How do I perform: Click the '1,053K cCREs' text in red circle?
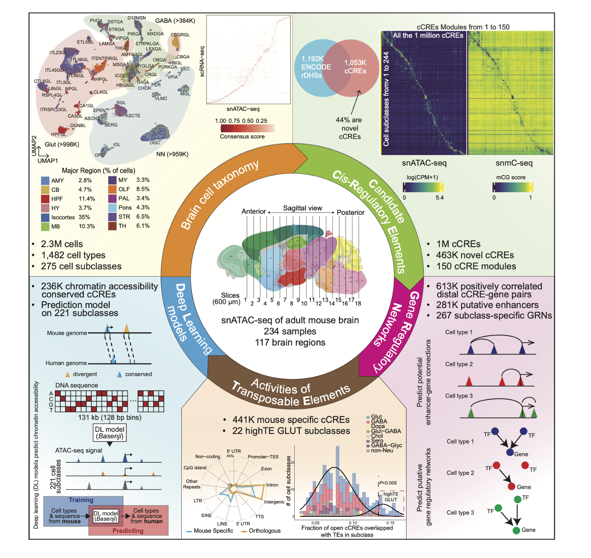coord(355,67)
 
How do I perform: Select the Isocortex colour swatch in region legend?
coord(45,217)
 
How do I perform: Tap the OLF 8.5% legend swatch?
coord(112,189)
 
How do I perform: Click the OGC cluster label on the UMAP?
coord(155,143)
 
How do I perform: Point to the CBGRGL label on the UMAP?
coord(180,35)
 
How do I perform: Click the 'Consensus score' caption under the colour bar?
coord(242,136)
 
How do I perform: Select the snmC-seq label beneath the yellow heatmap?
coord(514,163)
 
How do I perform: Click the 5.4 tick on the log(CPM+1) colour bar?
coord(439,198)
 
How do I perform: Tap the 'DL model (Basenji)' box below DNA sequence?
coord(110,432)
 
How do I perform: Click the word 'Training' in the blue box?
coord(81,500)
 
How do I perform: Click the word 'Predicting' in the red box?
coord(128,531)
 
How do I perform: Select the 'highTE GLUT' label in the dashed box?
coord(391,497)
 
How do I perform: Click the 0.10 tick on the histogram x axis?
coord(353,523)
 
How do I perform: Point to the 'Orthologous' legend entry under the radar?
coord(264,531)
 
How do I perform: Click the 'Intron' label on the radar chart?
coord(272,485)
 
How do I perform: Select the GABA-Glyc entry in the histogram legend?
coord(386,445)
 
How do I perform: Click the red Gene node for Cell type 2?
coord(511,486)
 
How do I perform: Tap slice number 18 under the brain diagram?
coord(358,303)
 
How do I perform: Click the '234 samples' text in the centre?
coord(290,331)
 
